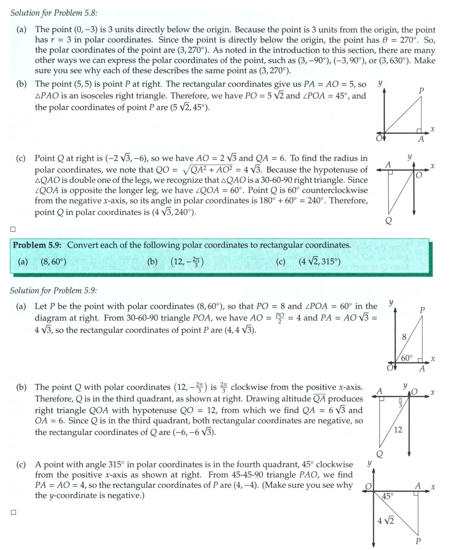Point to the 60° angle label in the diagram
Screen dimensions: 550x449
tap(407, 359)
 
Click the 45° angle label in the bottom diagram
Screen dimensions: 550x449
tap(387, 496)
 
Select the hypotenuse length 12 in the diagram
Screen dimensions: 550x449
tap(398, 430)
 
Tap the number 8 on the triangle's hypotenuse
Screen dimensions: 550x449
tap(405, 338)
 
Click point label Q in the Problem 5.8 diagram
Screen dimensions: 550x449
tap(388, 220)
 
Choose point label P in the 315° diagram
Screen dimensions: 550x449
tap(418, 542)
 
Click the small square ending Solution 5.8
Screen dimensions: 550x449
tap(13, 229)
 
